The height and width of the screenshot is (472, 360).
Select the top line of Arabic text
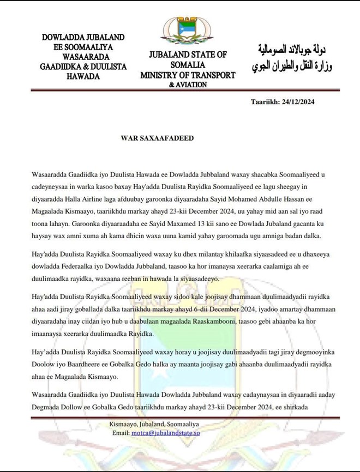pos(291,53)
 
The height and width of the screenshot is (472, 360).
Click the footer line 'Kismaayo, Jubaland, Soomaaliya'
pos(153,423)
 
